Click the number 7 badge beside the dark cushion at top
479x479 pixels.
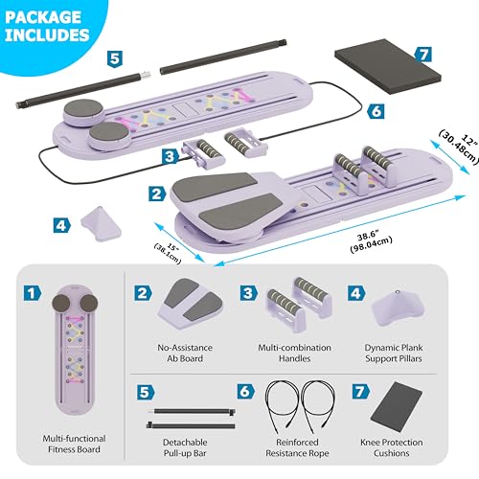tap(423, 54)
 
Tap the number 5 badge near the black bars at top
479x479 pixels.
tap(115, 59)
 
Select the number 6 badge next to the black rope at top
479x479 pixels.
tap(376, 111)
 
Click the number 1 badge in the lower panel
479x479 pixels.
tap(33, 293)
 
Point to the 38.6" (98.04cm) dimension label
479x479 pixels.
tap(371, 241)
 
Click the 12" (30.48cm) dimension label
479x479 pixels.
tap(460, 147)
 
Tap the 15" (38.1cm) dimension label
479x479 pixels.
tap(168, 253)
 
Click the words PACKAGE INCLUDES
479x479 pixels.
tap(47, 26)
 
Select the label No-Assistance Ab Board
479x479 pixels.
tap(185, 353)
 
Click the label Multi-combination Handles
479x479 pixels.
tap(294, 353)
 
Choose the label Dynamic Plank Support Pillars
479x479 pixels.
tap(394, 353)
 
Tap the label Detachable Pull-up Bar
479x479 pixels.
tap(185, 447)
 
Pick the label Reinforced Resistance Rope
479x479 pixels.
tap(297, 447)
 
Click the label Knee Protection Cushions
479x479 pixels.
tap(392, 447)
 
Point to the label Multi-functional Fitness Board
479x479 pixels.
tap(74, 444)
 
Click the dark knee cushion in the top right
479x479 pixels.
tap(388, 66)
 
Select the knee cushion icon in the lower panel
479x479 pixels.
tap(397, 407)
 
